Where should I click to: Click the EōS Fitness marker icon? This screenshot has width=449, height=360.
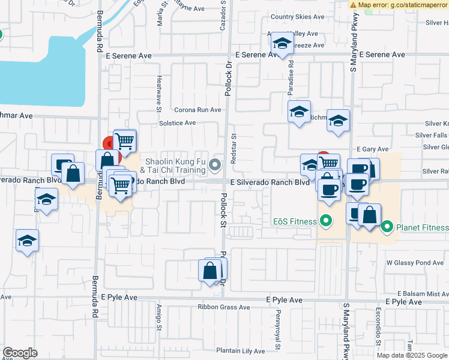tap(326, 222)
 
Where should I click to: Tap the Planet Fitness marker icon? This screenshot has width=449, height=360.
tap(387, 227)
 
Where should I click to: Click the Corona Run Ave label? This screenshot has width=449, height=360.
tap(197, 110)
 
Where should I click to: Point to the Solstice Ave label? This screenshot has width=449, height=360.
tap(177, 123)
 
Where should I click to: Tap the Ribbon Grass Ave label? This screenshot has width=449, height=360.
tap(224, 307)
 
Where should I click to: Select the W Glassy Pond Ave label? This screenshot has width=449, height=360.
tap(415, 263)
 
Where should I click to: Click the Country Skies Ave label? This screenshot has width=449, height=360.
tap(297, 17)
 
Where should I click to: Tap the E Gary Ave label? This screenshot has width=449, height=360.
tap(372, 149)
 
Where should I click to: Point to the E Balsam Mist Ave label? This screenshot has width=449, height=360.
tap(418, 294)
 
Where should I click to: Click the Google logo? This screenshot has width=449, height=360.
tap(20, 353)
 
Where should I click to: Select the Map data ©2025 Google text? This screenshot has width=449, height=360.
tap(411, 355)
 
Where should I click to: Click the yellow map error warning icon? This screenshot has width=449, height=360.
tap(354, 4)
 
